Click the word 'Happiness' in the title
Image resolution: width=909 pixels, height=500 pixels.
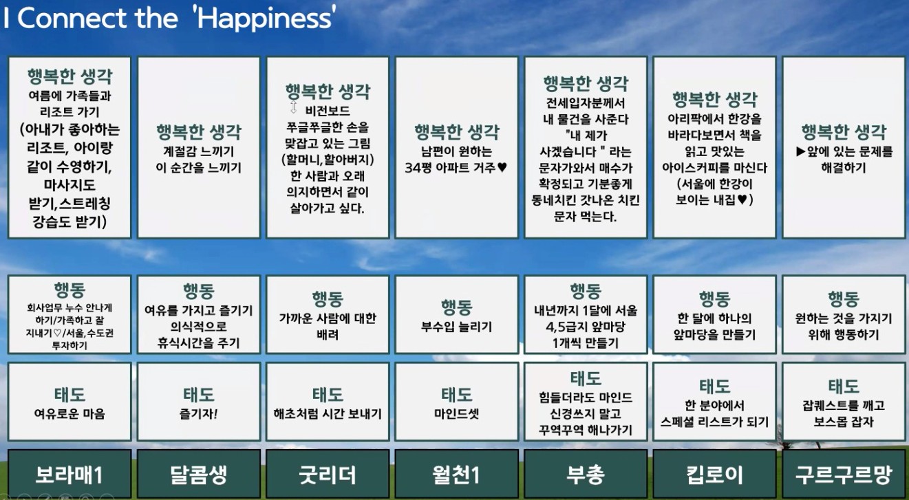266,19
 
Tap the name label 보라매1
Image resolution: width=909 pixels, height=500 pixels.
69,475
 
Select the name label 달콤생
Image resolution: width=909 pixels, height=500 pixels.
198,475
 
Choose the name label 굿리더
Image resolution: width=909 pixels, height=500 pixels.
328,475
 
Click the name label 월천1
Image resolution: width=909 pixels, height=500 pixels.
456,475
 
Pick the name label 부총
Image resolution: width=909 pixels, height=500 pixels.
585,475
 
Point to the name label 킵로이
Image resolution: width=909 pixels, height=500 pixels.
714,475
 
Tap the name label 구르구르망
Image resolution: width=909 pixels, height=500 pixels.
843,475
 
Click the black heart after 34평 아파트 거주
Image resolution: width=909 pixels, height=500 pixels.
502,167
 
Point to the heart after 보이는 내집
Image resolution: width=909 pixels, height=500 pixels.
742,199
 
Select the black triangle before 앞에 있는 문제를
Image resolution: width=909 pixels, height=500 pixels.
801,151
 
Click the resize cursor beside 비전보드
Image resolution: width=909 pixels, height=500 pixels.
293,107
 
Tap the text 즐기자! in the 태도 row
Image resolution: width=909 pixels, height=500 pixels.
198,413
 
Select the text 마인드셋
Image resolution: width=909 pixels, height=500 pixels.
456,413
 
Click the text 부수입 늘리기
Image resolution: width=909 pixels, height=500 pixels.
456,327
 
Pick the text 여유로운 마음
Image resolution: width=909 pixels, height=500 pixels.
69,413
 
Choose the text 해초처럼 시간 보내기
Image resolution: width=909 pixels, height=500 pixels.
328,413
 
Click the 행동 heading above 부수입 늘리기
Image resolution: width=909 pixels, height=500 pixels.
456,307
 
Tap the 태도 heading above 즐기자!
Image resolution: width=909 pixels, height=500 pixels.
198,394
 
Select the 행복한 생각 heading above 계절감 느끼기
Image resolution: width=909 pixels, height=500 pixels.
199,132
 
